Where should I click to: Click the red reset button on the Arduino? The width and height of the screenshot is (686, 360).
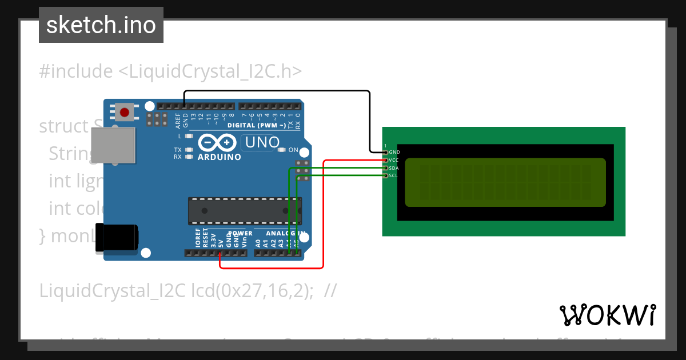coord(125,111)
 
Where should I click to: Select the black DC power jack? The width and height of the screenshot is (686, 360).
coord(116,237)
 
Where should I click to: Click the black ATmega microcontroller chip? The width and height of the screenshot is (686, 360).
coord(245,211)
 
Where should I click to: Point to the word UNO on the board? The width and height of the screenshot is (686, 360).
coord(262,142)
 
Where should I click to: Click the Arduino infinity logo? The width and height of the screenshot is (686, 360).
coord(217,143)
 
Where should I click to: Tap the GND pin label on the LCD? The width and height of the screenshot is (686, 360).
coord(394,153)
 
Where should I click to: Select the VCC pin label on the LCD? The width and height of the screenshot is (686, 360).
coord(394,161)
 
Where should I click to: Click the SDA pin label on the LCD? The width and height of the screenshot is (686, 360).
coord(394,168)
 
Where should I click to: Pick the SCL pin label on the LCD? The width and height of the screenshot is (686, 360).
coord(393,176)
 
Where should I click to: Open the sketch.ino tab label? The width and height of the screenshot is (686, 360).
coord(101,25)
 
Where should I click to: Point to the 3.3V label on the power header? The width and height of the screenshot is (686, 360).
coord(213,239)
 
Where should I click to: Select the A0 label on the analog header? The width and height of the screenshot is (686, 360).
coord(258,242)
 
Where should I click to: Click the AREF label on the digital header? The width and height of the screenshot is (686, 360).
coord(178,120)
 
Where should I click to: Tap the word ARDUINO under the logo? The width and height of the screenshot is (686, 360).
coord(219,157)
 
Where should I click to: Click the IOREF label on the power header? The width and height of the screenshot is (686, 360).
coord(198,237)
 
